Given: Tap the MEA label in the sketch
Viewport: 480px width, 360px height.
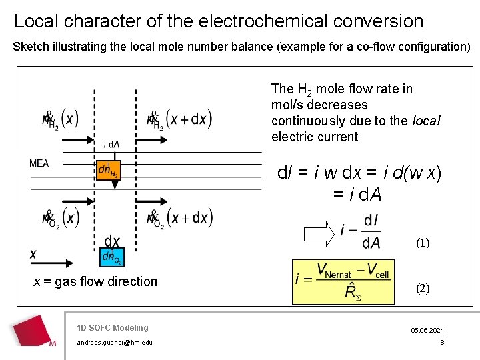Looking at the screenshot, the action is click(39, 163).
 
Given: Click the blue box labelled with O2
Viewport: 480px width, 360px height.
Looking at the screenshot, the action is click(111, 257).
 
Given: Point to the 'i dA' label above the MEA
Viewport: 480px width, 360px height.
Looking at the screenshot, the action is click(111, 144).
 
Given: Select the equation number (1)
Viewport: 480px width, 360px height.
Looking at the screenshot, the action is click(423, 243).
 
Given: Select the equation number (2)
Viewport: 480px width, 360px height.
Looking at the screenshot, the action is click(423, 289).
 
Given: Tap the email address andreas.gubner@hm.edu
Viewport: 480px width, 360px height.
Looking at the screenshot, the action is click(115, 343).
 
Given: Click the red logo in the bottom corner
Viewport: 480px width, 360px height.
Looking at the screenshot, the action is click(33, 331).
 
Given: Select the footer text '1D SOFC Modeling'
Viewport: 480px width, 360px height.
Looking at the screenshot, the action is click(112, 327).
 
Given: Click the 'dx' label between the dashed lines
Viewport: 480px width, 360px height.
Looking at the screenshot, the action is click(112, 241).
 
